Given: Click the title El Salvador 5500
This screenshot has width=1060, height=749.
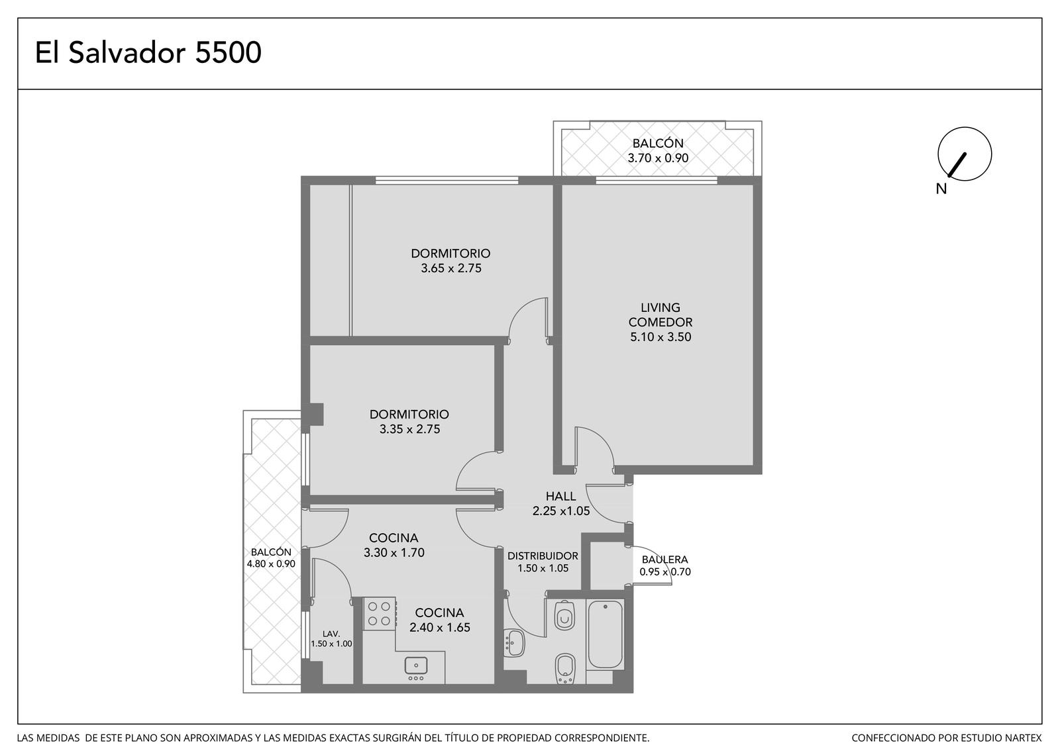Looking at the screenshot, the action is point(148,52).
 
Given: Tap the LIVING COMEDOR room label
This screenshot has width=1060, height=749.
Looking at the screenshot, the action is point(660,315).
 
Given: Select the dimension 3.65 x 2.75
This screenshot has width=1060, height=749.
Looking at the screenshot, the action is point(451,268).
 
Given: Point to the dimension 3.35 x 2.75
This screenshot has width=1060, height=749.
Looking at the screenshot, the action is point(409,429).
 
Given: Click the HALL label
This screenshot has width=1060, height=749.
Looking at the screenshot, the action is point(560,496).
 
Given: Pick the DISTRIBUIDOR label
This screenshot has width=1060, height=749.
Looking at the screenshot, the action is point(543,556).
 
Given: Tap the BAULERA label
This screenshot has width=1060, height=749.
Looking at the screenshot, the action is point(665,560).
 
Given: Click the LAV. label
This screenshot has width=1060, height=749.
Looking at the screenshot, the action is point(331,634).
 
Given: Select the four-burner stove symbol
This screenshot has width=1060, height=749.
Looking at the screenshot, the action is point(379,613).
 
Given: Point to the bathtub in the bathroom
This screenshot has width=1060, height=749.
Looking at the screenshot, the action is point(606,634).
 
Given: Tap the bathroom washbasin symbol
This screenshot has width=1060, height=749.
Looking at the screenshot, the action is point(513,643).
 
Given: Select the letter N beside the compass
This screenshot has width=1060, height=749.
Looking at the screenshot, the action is point(941,189).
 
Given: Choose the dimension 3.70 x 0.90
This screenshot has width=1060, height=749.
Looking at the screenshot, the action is point(658,158).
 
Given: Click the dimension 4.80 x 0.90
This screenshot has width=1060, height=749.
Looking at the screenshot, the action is point(271,564).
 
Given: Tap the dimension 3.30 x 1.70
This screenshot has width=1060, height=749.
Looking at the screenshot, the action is point(394,552).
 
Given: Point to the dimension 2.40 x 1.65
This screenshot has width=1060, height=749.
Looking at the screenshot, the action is point(440,627).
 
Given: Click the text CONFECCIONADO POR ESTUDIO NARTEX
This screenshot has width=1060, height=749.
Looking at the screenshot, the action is point(947,738).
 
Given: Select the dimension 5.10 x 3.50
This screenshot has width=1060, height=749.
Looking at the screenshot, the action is point(660,337).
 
